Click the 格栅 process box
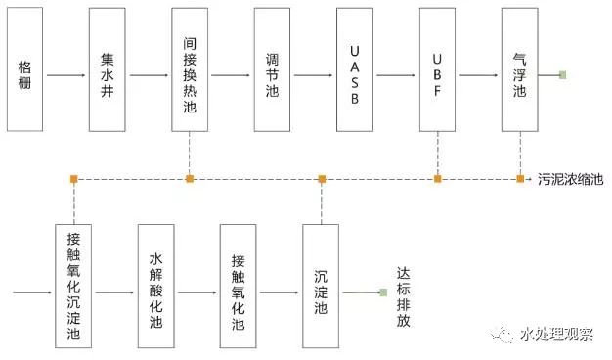(x=25, y=69)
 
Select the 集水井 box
(x=108, y=69)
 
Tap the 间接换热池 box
(x=190, y=69)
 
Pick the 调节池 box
(x=272, y=69)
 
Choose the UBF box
(x=437, y=69)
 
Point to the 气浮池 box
(x=519, y=69)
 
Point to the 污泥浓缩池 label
(x=571, y=179)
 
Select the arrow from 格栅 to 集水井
(x=66, y=74)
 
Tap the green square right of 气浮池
(x=562, y=74)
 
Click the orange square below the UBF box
(x=437, y=178)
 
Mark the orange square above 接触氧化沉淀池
(x=74, y=178)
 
